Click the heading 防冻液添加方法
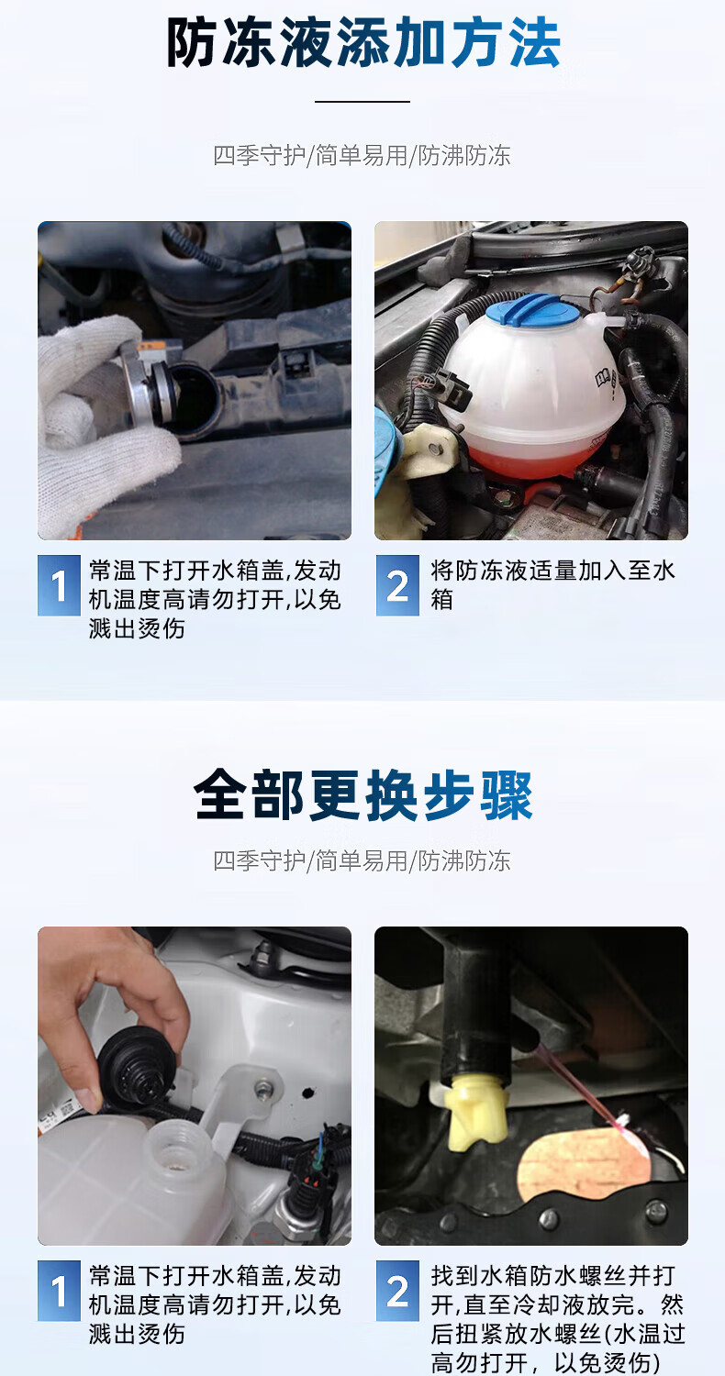[363, 42]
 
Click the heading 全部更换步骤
[363, 795]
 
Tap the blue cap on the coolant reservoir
[532, 311]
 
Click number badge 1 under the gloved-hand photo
[59, 585]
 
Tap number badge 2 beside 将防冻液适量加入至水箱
[397, 585]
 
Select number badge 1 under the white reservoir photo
[59, 1291]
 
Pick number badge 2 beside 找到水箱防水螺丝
[397, 1291]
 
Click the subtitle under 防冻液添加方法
[362, 155]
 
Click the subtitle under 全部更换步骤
[362, 860]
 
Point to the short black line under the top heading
[362, 101]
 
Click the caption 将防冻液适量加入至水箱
[552, 585]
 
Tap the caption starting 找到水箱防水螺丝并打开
[557, 1319]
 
